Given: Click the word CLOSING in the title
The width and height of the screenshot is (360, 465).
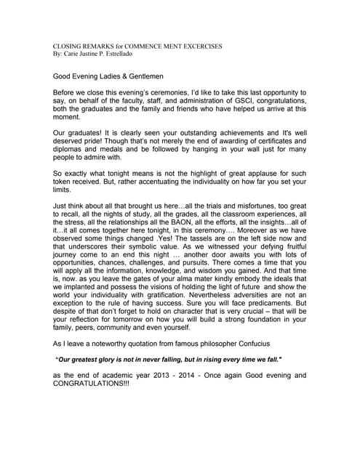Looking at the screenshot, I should tap(68, 46).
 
